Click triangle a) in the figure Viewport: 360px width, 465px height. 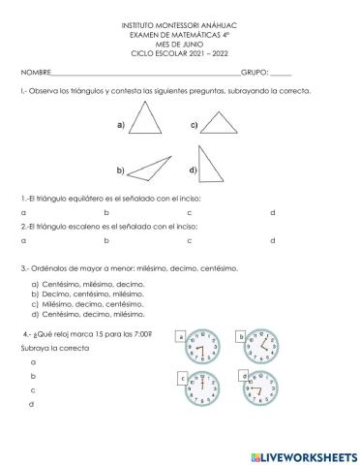(x=148, y=123)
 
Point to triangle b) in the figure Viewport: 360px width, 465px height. (x=150, y=166)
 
